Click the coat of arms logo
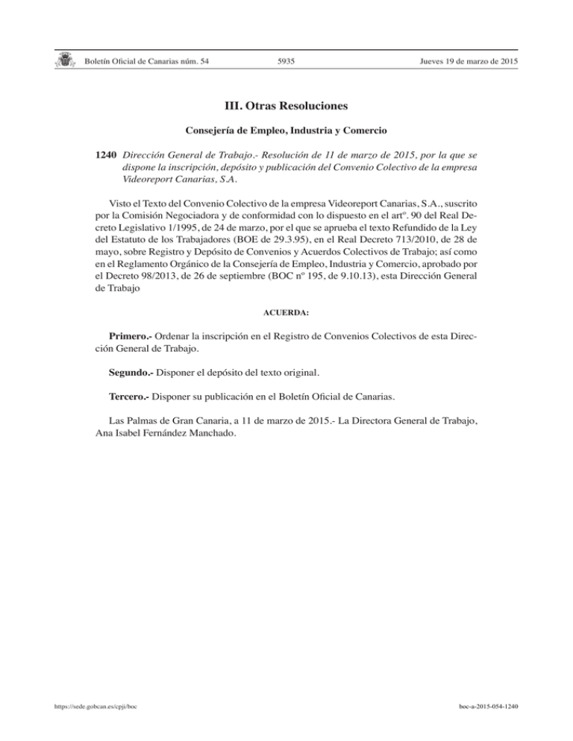pyautogui.click(x=66, y=60)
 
